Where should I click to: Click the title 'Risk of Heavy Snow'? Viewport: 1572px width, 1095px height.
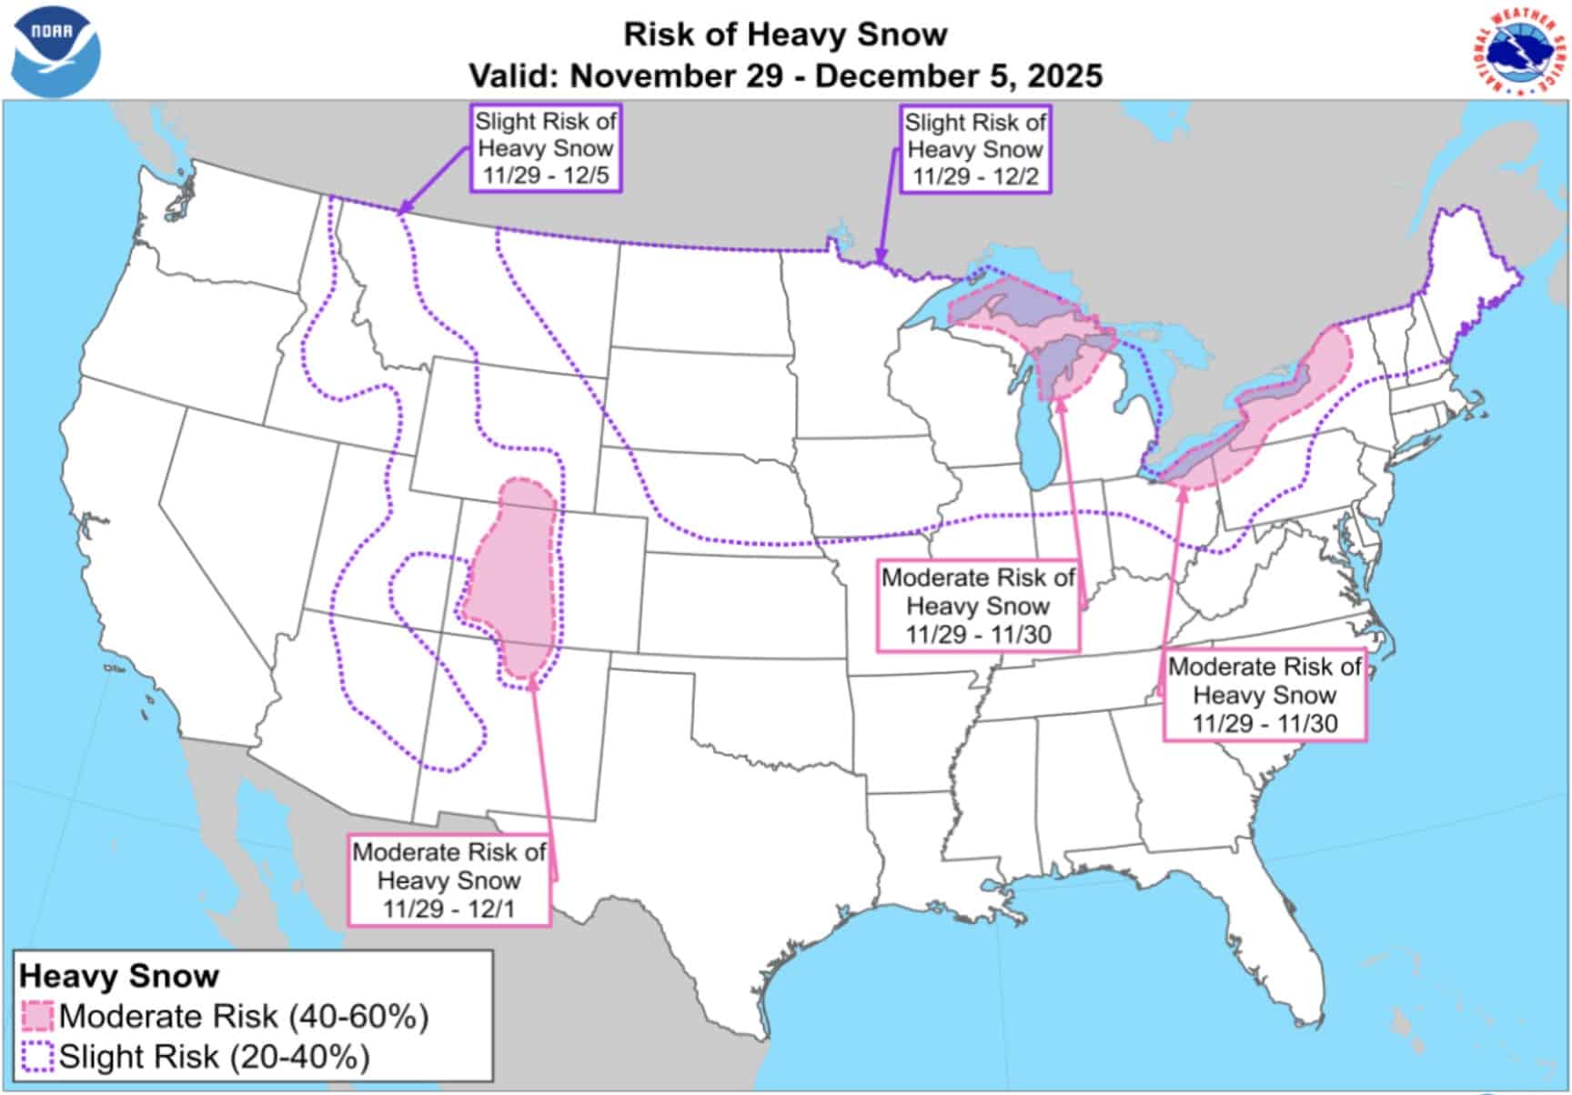tap(785, 35)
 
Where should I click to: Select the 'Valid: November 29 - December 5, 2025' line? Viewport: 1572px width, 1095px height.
tap(785, 75)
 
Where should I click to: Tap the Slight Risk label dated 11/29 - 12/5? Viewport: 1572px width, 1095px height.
tap(546, 148)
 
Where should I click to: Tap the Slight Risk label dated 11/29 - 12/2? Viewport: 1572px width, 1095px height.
tap(976, 149)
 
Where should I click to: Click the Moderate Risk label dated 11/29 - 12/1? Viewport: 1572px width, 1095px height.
tap(449, 880)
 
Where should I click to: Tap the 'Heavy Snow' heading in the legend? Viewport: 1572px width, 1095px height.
tap(119, 976)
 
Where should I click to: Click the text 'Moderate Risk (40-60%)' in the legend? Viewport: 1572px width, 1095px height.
tap(244, 1016)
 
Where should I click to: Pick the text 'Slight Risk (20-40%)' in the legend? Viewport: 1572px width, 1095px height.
tap(215, 1057)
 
